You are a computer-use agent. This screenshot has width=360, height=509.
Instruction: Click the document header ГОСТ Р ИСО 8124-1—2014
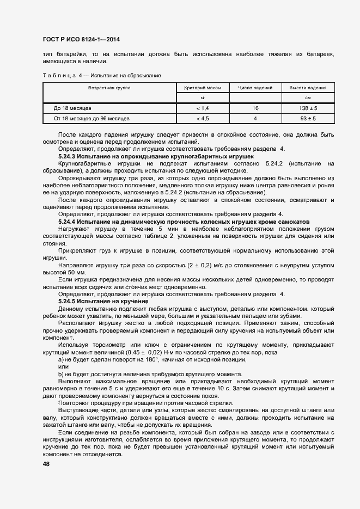point(81,39)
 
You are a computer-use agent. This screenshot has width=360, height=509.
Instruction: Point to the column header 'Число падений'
point(255,88)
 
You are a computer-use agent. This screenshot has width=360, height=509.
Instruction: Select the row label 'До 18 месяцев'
point(69,108)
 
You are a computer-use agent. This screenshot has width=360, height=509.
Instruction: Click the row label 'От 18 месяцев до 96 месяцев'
point(91,118)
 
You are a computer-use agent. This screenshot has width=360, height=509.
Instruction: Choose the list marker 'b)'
point(61,374)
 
